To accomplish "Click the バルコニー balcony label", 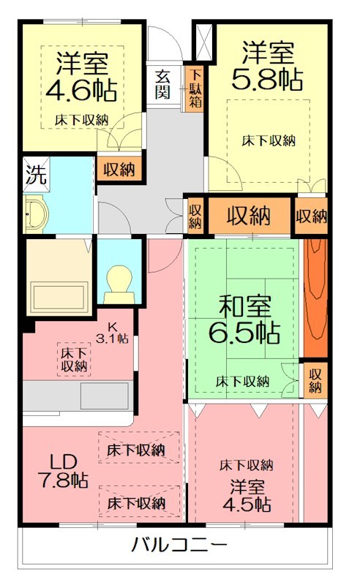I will click(x=179, y=545).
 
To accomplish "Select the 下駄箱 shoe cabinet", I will click(x=194, y=86).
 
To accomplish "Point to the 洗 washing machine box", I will click(x=34, y=175).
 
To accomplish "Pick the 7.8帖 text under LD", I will click(x=63, y=480).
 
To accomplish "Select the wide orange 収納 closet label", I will click(x=247, y=216).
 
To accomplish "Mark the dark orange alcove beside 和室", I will click(x=315, y=296).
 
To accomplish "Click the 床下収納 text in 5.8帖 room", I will click(x=269, y=140).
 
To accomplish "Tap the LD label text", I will click(x=64, y=461).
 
